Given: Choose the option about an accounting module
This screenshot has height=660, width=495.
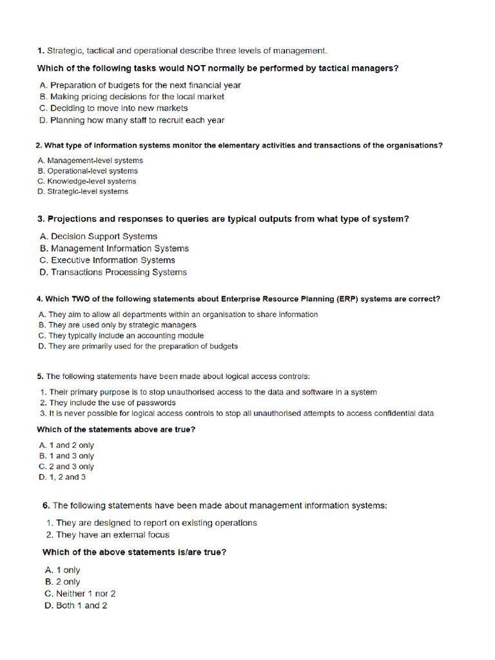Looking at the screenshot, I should [121, 336].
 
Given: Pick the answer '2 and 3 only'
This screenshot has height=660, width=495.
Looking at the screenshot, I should [66, 467].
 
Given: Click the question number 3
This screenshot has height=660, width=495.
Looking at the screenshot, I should [41, 219].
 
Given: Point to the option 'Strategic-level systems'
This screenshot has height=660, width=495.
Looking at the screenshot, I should [83, 191].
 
